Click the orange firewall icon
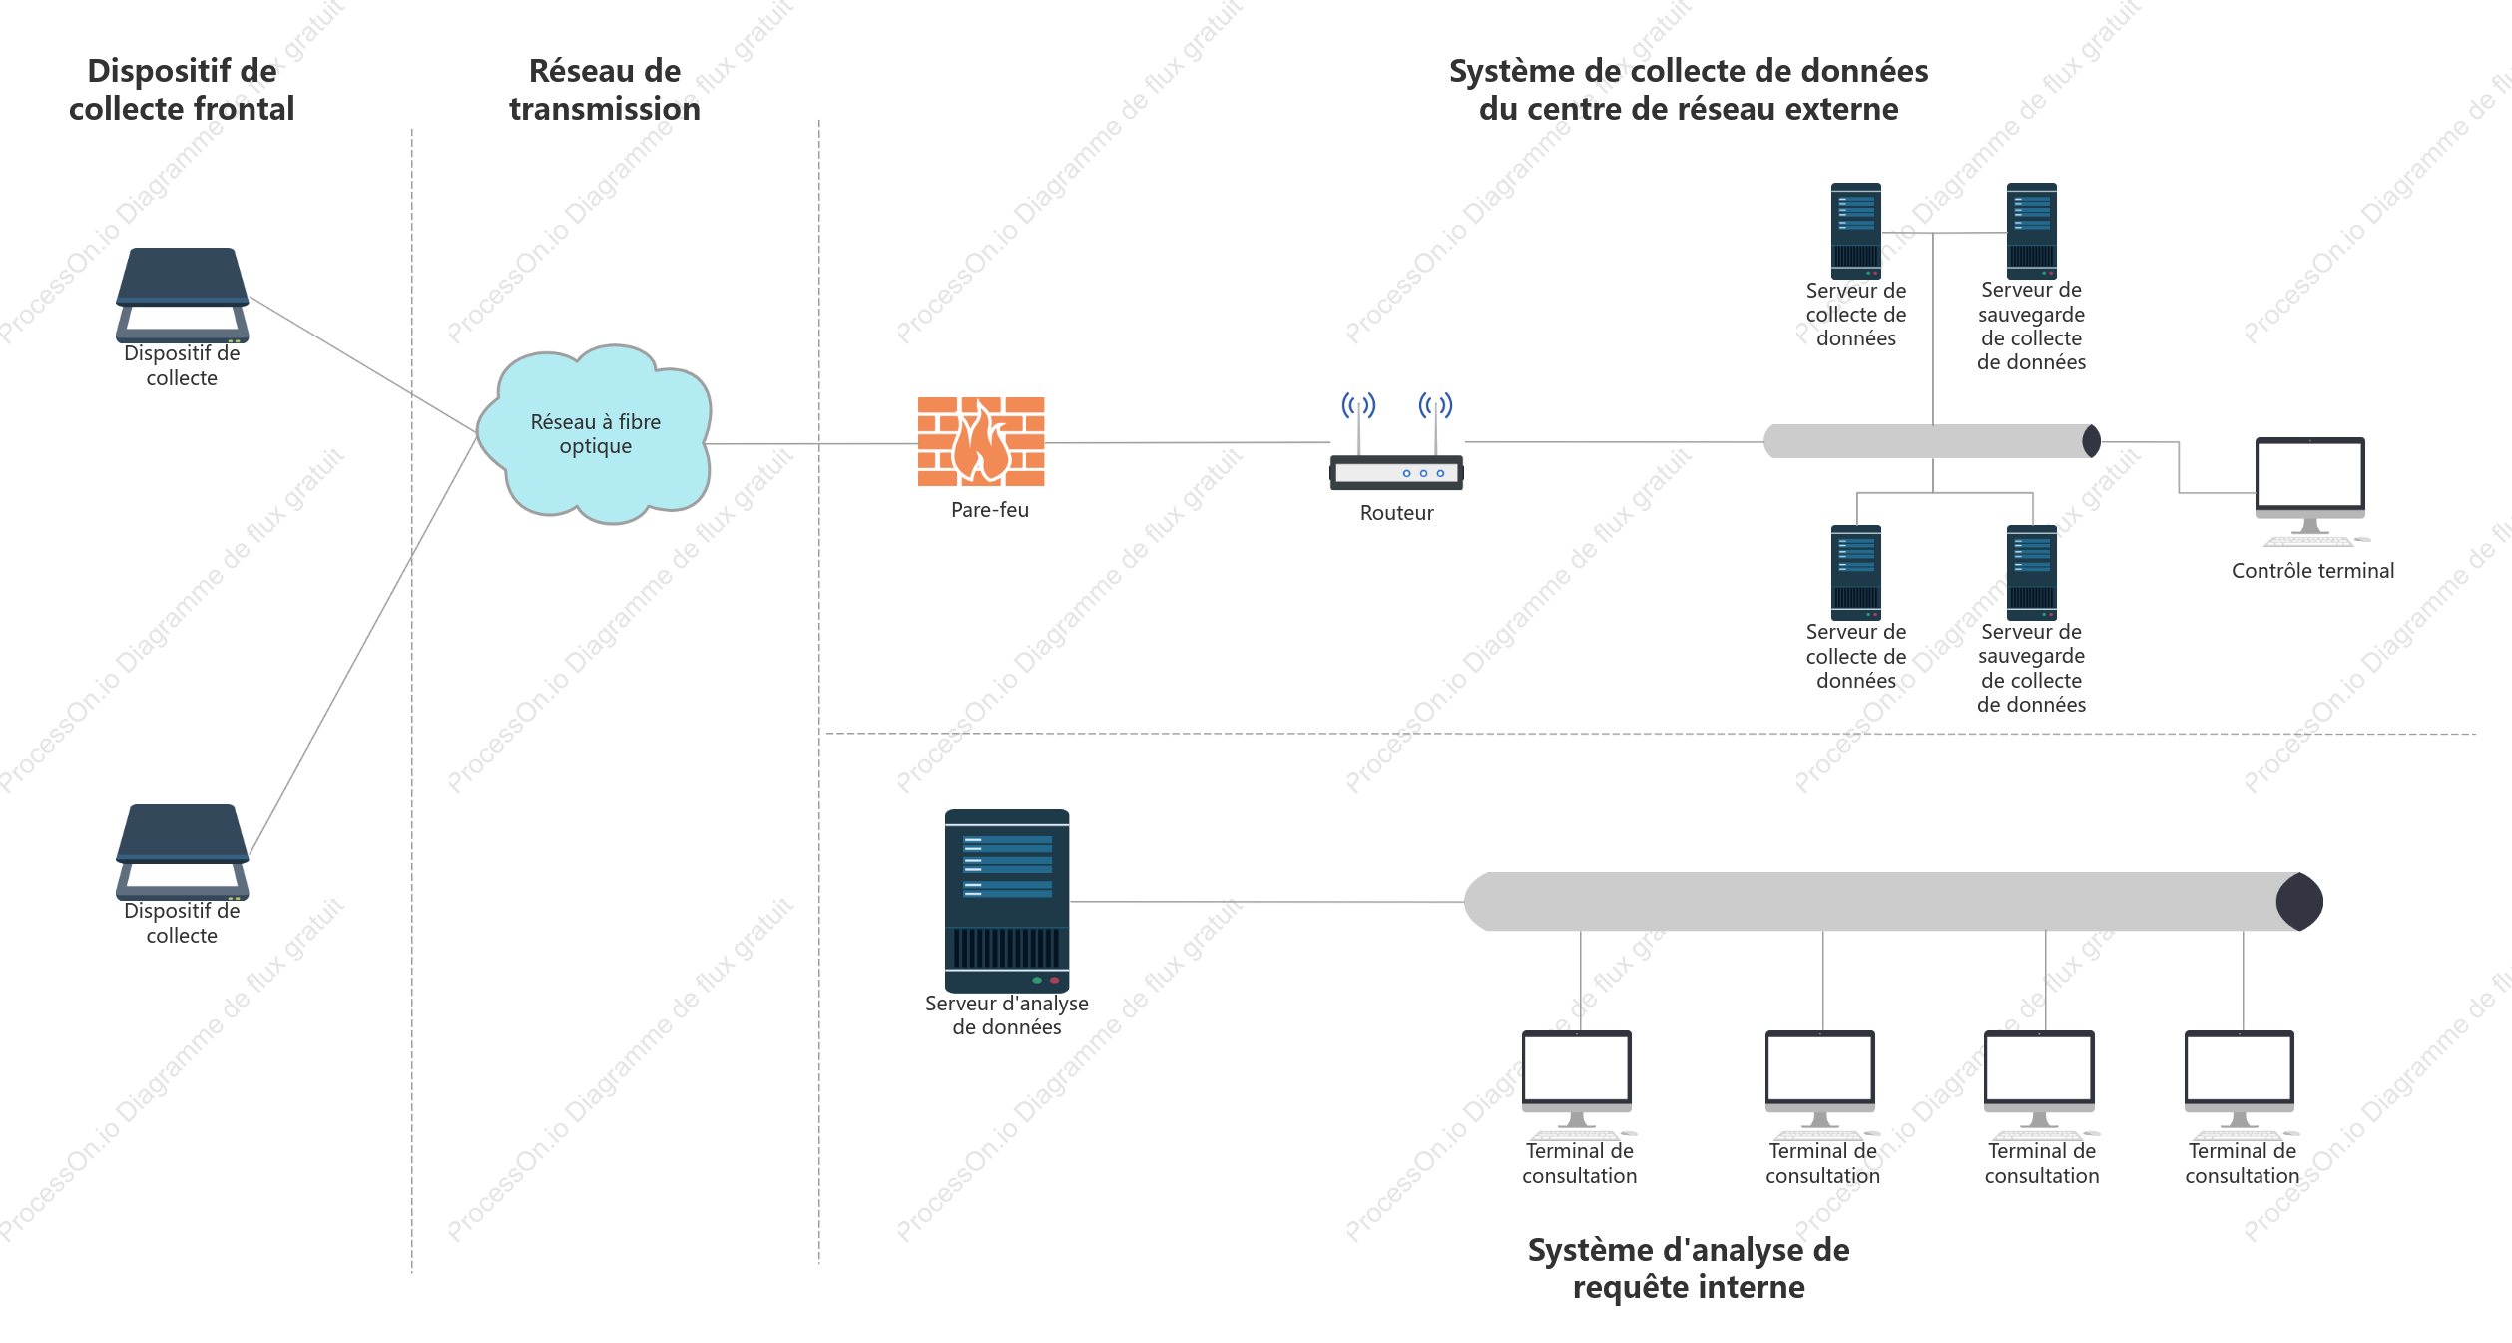pos(981,441)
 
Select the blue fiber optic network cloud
pos(595,434)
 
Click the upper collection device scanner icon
pos(182,295)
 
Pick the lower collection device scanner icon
pos(182,851)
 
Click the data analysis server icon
pos(1007,900)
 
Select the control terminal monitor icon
pos(2310,492)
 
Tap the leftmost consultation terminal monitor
pos(1577,1084)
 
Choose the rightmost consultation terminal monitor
pos(2240,1084)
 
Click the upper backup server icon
pos(2032,231)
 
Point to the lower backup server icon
pos(2032,572)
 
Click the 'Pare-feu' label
pos(989,510)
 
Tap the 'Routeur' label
pos(1396,513)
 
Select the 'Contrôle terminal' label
pos(2312,571)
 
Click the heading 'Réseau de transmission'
pos(605,90)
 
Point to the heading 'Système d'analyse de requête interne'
pos(1689,1268)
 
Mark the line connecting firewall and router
pos(1188,442)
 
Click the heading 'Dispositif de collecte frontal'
pos(182,90)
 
